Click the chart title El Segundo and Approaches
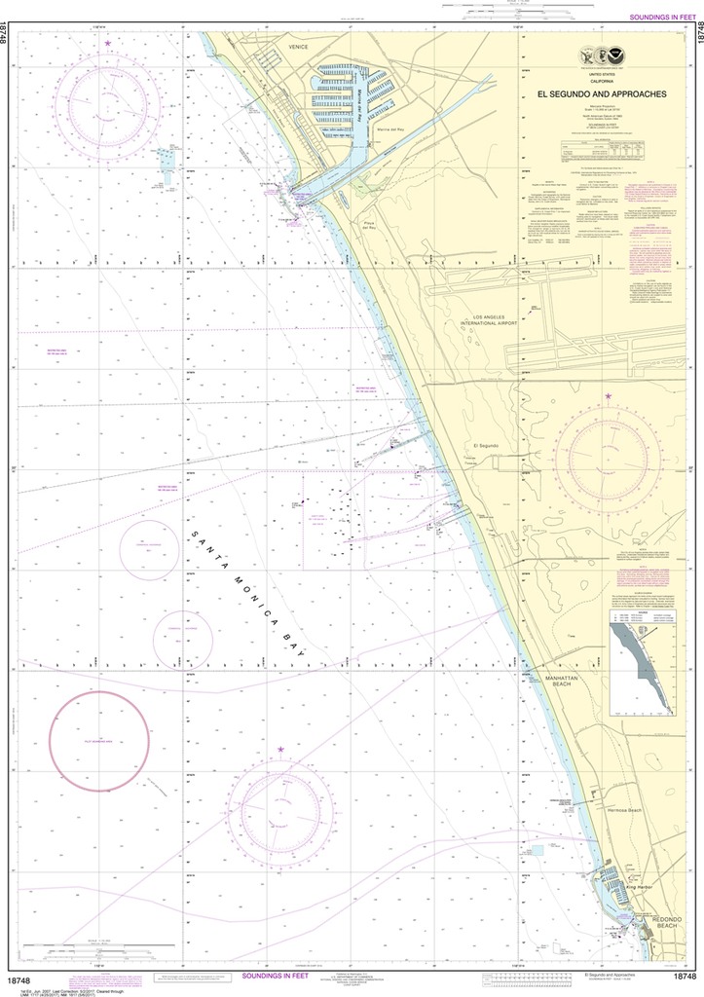pyautogui.click(x=602, y=93)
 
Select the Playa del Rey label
pyautogui.click(x=369, y=227)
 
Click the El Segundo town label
pyautogui.click(x=485, y=445)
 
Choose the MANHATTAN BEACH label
pyautogui.click(x=562, y=681)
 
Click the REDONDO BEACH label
pyautogui.click(x=666, y=921)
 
